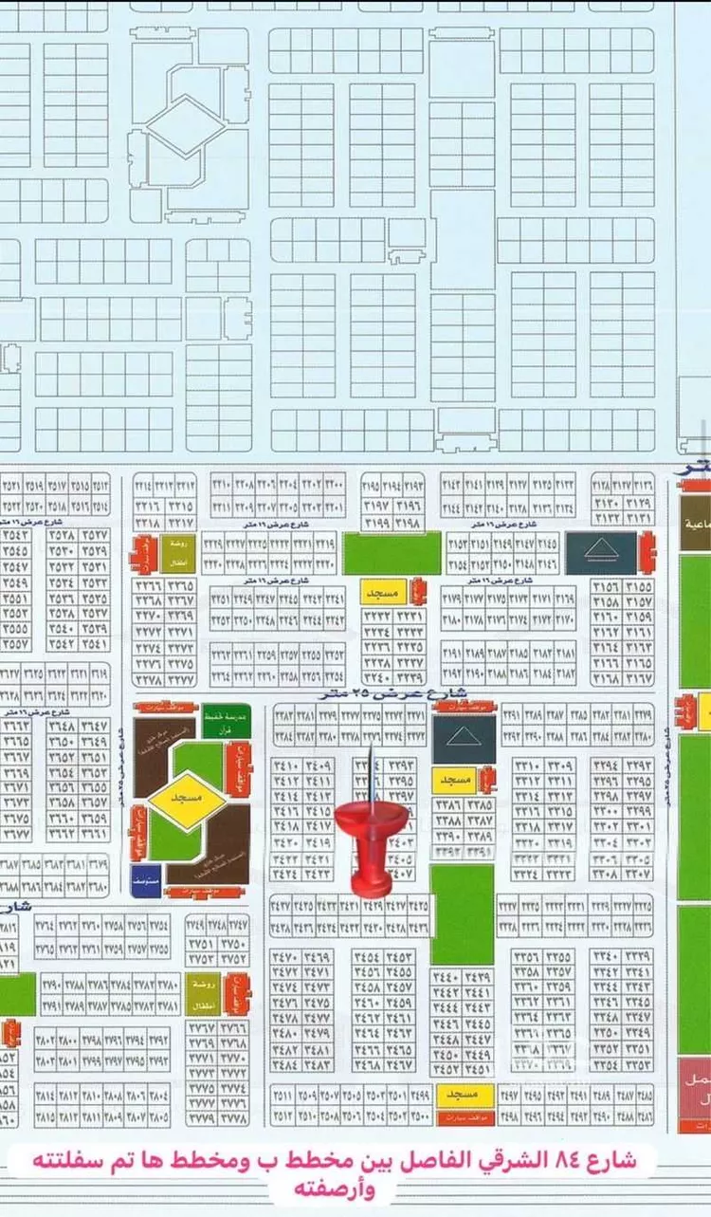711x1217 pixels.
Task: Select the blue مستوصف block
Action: [146, 879]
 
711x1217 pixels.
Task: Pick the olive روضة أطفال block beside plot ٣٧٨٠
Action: [196, 988]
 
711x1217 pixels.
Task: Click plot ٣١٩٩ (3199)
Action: [378, 522]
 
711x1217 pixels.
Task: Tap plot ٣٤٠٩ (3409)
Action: [318, 766]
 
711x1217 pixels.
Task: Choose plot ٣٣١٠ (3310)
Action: [529, 766]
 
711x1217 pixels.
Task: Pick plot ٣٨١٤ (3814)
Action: [45, 1095]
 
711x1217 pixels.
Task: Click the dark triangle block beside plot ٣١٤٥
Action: [601, 552]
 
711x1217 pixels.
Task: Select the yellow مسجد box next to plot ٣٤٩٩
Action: [465, 1095]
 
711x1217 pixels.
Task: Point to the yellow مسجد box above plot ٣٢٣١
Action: [382, 593]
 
